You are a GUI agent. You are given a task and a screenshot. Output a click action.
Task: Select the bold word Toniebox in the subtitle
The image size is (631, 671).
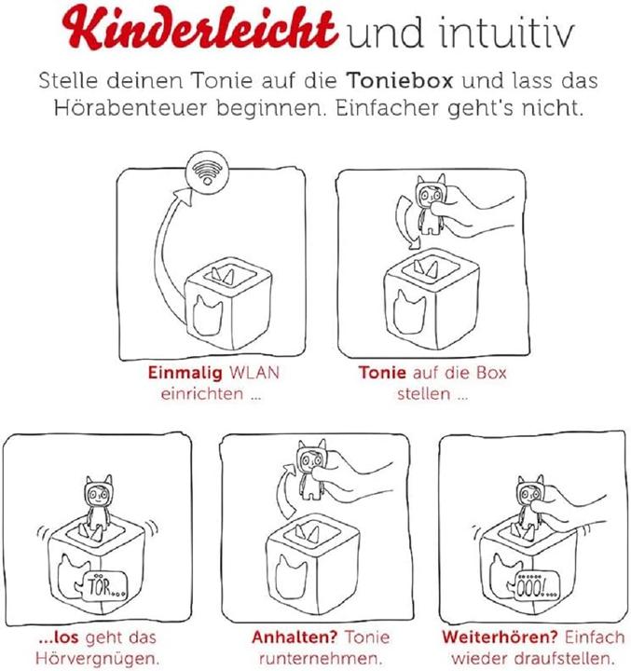pos(408,81)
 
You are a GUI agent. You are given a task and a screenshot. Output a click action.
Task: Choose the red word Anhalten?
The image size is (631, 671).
pos(286,638)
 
